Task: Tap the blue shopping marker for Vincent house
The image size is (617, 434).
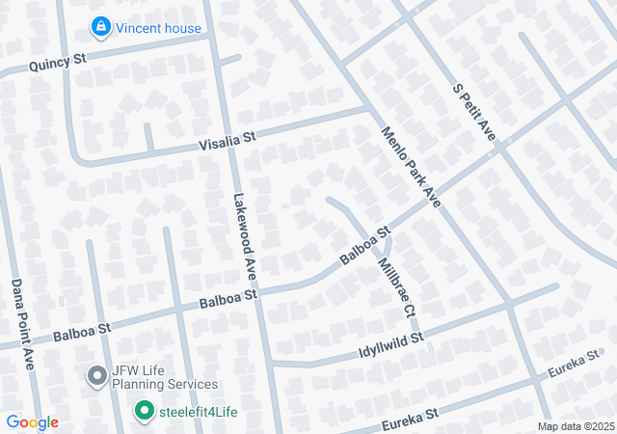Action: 99,27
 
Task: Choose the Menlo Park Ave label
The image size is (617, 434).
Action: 411,167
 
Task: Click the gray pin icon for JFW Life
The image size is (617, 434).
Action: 96,375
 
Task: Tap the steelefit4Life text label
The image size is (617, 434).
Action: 198,413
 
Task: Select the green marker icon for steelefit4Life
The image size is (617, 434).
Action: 145,412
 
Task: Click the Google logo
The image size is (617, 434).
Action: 33,422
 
